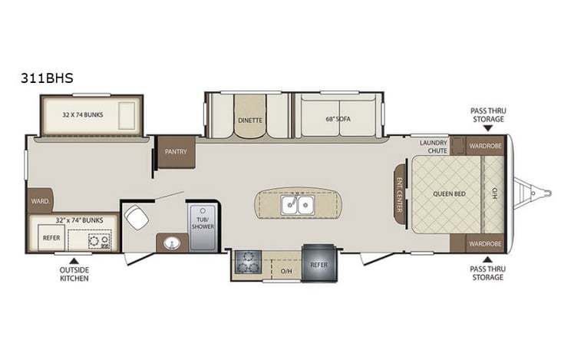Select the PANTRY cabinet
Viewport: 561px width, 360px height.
pos(176,152)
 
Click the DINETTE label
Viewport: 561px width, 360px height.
pos(249,121)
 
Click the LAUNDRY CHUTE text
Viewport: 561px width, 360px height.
pos(434,147)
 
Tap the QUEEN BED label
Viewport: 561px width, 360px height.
pos(445,195)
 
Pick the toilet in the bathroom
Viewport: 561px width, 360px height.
pos(137,217)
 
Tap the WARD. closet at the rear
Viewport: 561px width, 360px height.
pos(40,201)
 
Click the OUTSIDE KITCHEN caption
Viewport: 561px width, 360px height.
pos(74,274)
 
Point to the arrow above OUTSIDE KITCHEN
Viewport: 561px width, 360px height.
pos(74,259)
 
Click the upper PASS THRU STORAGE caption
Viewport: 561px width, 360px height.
pos(487,115)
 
